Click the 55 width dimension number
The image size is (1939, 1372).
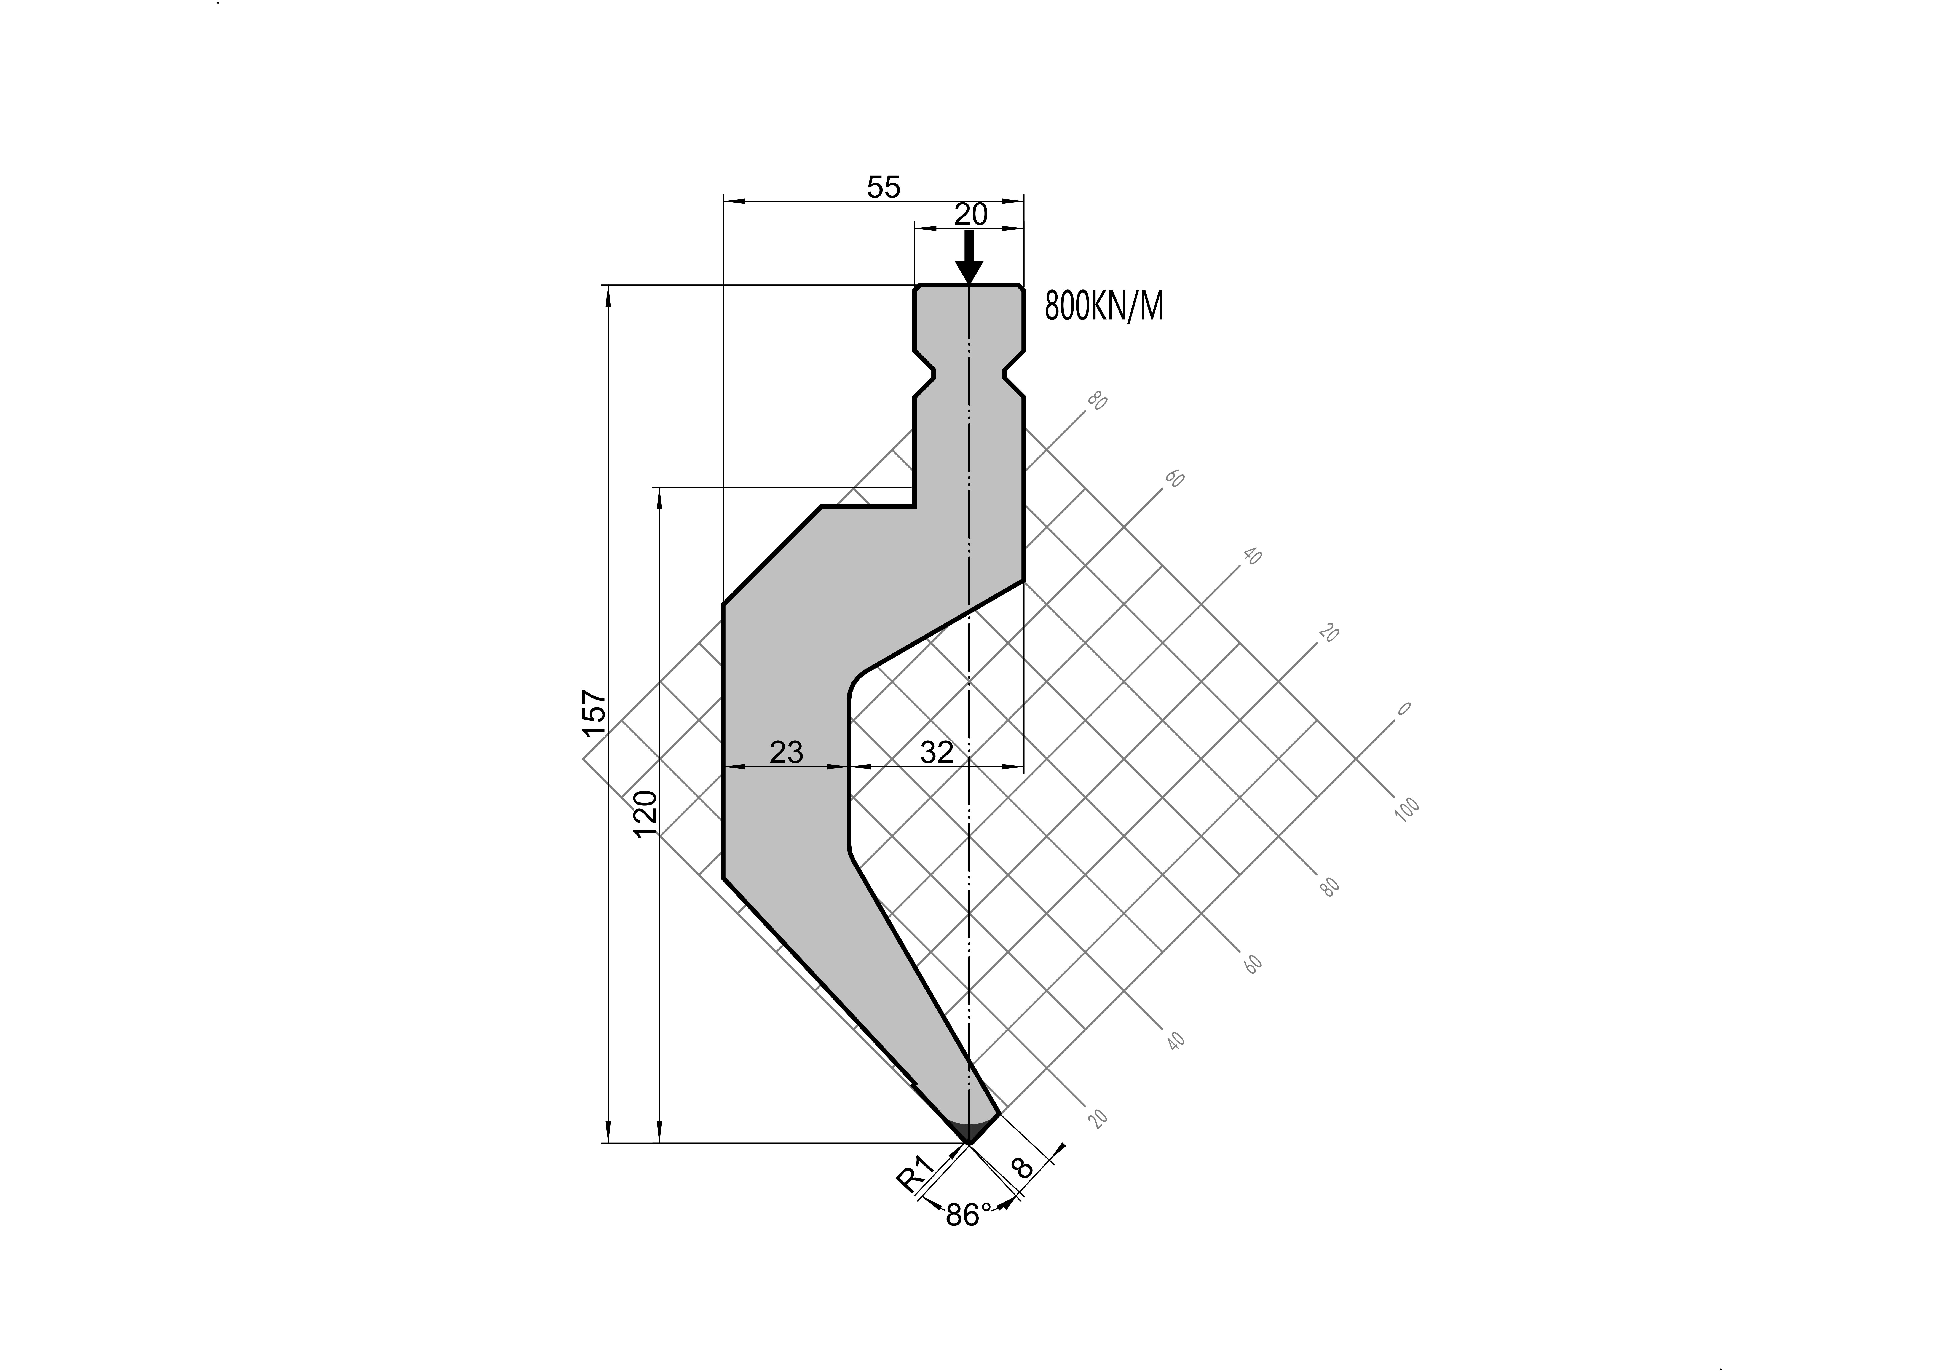883,187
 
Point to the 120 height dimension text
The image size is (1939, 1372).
646,814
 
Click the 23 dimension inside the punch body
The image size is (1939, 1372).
786,752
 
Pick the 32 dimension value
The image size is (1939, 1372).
937,752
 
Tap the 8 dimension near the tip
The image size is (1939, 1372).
1023,1168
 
